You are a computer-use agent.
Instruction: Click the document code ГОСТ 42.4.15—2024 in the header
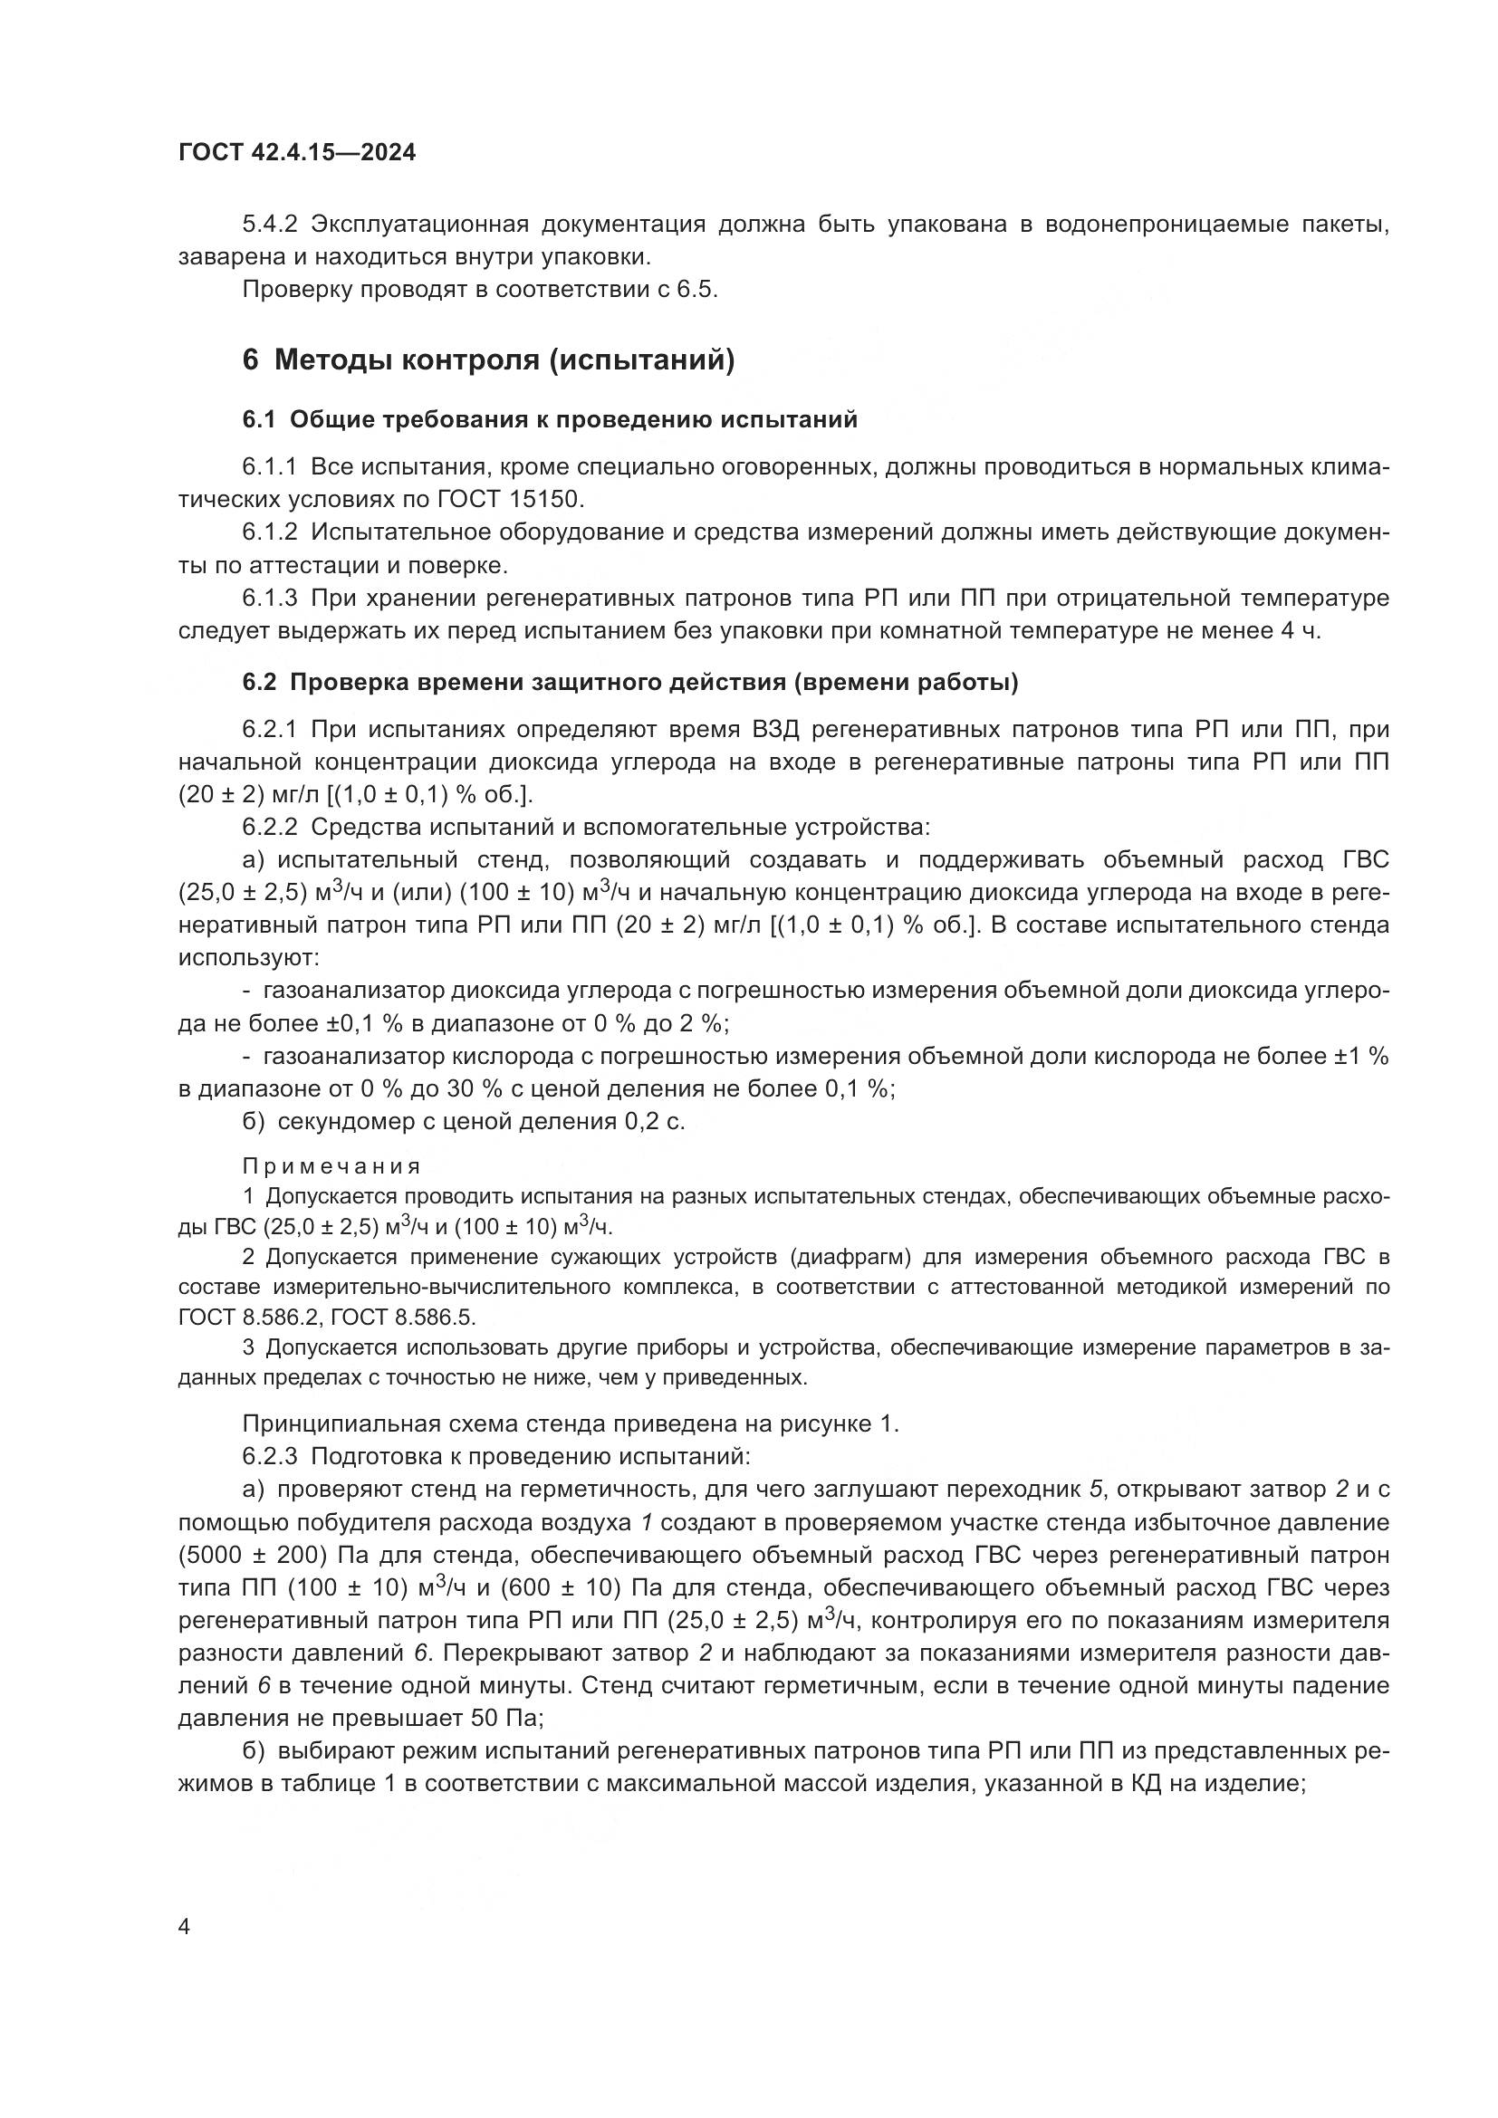click(297, 152)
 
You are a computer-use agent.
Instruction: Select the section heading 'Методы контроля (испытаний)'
click(504, 359)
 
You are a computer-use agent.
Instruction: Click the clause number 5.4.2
click(270, 225)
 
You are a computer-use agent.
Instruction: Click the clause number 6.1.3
click(270, 599)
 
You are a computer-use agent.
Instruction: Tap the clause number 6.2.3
click(270, 1458)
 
